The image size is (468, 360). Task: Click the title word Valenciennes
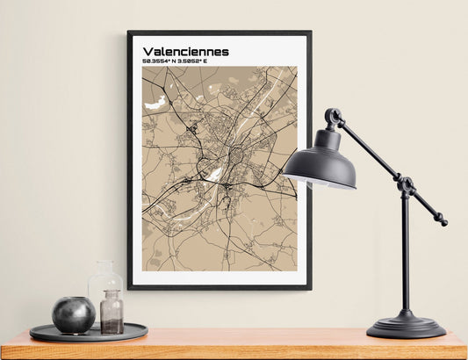(x=185, y=52)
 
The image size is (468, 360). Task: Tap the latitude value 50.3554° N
(x=163, y=61)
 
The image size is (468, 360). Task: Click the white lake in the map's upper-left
(x=155, y=103)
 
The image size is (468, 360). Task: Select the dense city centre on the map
(x=235, y=155)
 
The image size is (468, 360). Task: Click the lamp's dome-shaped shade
(x=320, y=162)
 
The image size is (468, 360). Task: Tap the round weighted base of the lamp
(x=406, y=326)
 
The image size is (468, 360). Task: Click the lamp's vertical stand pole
(x=405, y=255)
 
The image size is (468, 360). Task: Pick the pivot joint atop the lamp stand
(x=405, y=185)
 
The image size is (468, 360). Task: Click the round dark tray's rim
(x=88, y=336)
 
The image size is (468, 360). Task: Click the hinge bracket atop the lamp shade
(x=333, y=118)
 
